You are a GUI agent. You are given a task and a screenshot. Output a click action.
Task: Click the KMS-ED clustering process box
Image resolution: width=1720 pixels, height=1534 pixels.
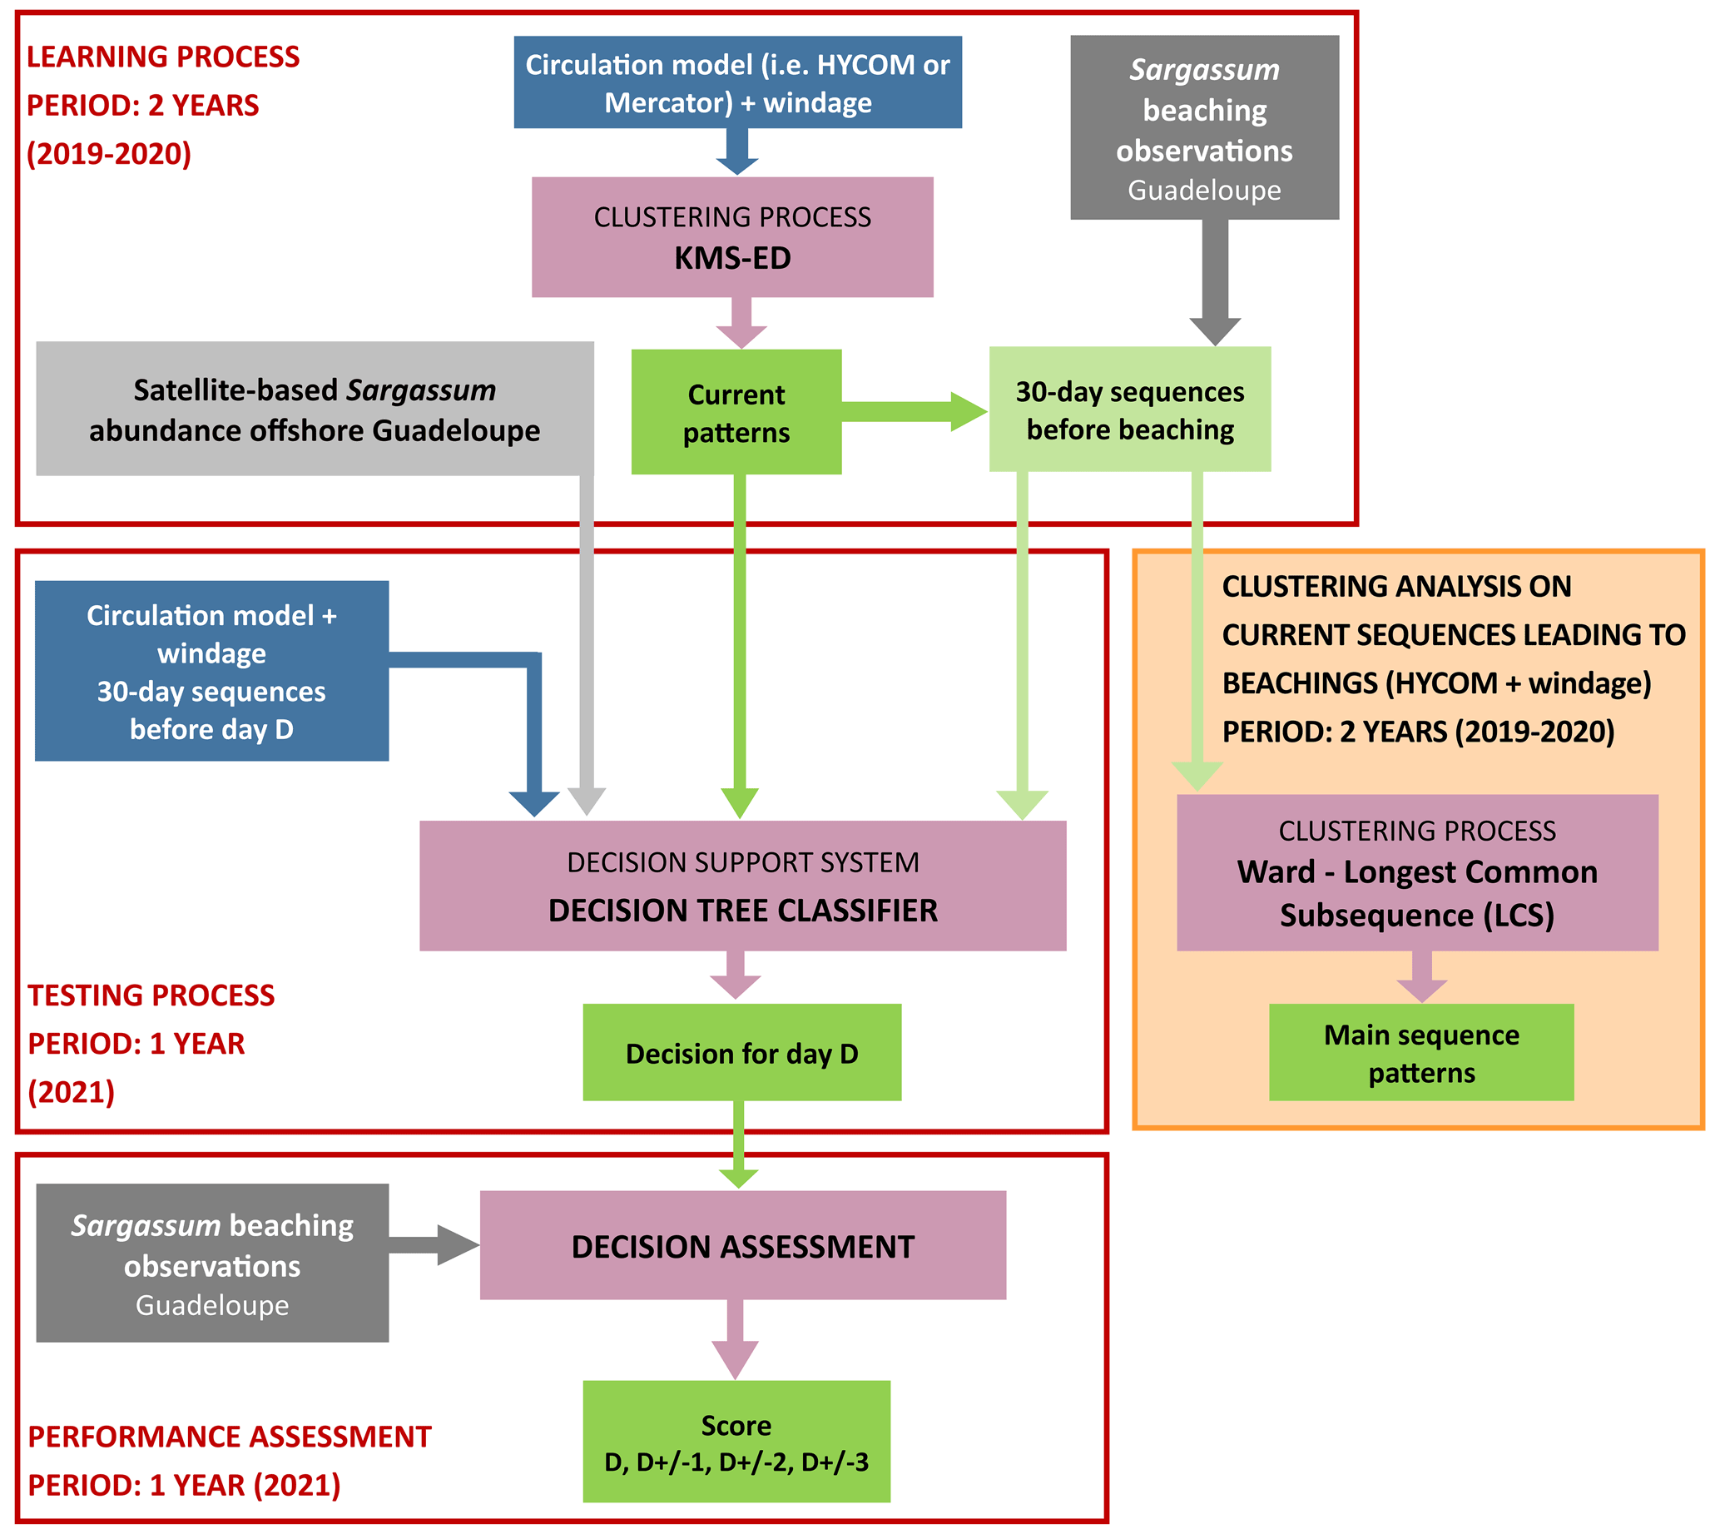(731, 237)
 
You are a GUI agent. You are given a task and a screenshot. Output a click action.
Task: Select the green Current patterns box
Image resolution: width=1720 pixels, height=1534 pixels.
(736, 412)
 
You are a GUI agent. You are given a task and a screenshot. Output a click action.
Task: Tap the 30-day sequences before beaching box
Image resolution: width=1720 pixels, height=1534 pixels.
(1129, 410)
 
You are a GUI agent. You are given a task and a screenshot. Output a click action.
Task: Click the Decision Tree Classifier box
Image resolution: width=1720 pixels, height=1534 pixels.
(742, 886)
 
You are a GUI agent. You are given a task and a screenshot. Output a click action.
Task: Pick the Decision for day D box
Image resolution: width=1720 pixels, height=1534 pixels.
(741, 1053)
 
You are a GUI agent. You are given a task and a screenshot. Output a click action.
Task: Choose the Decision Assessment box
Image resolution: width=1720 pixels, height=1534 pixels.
(742, 1246)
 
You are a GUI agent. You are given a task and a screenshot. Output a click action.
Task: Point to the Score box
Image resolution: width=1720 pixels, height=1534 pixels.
(736, 1442)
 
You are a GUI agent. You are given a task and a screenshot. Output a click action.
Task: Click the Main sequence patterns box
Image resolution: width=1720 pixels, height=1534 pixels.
(1420, 1053)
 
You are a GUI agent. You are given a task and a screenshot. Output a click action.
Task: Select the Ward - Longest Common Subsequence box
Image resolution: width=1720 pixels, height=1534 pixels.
(1416, 873)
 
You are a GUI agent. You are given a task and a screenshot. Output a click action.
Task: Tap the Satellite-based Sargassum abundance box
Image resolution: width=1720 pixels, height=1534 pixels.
(315, 410)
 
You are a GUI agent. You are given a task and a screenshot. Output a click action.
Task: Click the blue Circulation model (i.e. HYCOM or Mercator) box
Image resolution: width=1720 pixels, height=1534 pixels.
(737, 82)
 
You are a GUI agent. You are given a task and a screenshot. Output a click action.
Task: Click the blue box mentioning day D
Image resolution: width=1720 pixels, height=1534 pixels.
(211, 671)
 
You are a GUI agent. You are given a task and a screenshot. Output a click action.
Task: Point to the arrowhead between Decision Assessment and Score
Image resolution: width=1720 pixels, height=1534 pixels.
(735, 1358)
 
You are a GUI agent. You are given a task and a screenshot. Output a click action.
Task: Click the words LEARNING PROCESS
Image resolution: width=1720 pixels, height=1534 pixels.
(162, 57)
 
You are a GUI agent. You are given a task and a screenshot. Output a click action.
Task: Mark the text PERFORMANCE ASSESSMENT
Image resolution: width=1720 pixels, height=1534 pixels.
(229, 1437)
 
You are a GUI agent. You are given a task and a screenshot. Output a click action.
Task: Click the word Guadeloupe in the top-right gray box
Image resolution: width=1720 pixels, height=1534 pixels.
(1204, 191)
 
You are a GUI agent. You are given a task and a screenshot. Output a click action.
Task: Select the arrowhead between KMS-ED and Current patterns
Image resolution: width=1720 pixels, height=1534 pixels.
(741, 335)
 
